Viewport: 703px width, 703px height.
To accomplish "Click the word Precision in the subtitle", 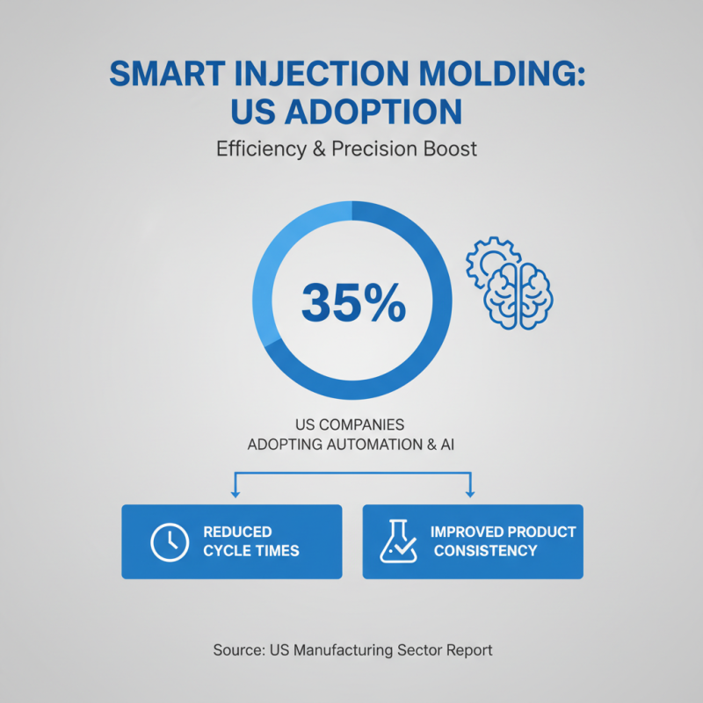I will (380, 149).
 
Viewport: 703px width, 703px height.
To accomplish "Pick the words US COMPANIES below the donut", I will (351, 424).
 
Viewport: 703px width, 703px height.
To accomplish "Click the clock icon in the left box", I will (169, 541).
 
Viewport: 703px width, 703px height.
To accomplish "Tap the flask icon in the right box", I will (397, 541).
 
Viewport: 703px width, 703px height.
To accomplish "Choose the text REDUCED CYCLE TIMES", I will (250, 541).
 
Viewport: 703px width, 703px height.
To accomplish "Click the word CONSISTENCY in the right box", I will (484, 551).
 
